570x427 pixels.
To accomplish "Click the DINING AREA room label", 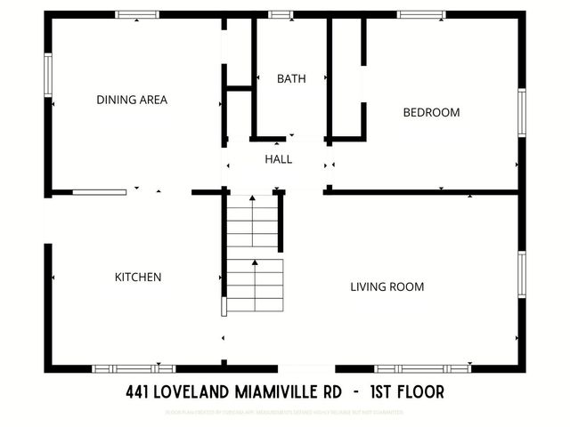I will (x=132, y=100).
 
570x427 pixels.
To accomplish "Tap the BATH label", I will (x=291, y=78).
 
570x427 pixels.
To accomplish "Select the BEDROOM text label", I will (x=431, y=112).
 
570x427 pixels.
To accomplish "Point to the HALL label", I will (x=278, y=159).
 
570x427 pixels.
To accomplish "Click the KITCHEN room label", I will (x=138, y=277).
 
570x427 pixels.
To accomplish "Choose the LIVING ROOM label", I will (x=387, y=286).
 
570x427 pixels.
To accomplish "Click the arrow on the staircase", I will (x=256, y=263).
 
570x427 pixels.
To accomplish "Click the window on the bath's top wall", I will (x=281, y=14).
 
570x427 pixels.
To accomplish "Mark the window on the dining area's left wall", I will (x=48, y=76).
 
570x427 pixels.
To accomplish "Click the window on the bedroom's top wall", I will (x=422, y=14).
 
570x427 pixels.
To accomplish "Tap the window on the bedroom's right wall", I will (x=522, y=112).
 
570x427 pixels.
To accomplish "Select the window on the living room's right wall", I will (x=522, y=277).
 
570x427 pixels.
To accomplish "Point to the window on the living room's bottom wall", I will (x=422, y=368).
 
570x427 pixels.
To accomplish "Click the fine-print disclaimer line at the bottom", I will (x=285, y=413).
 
